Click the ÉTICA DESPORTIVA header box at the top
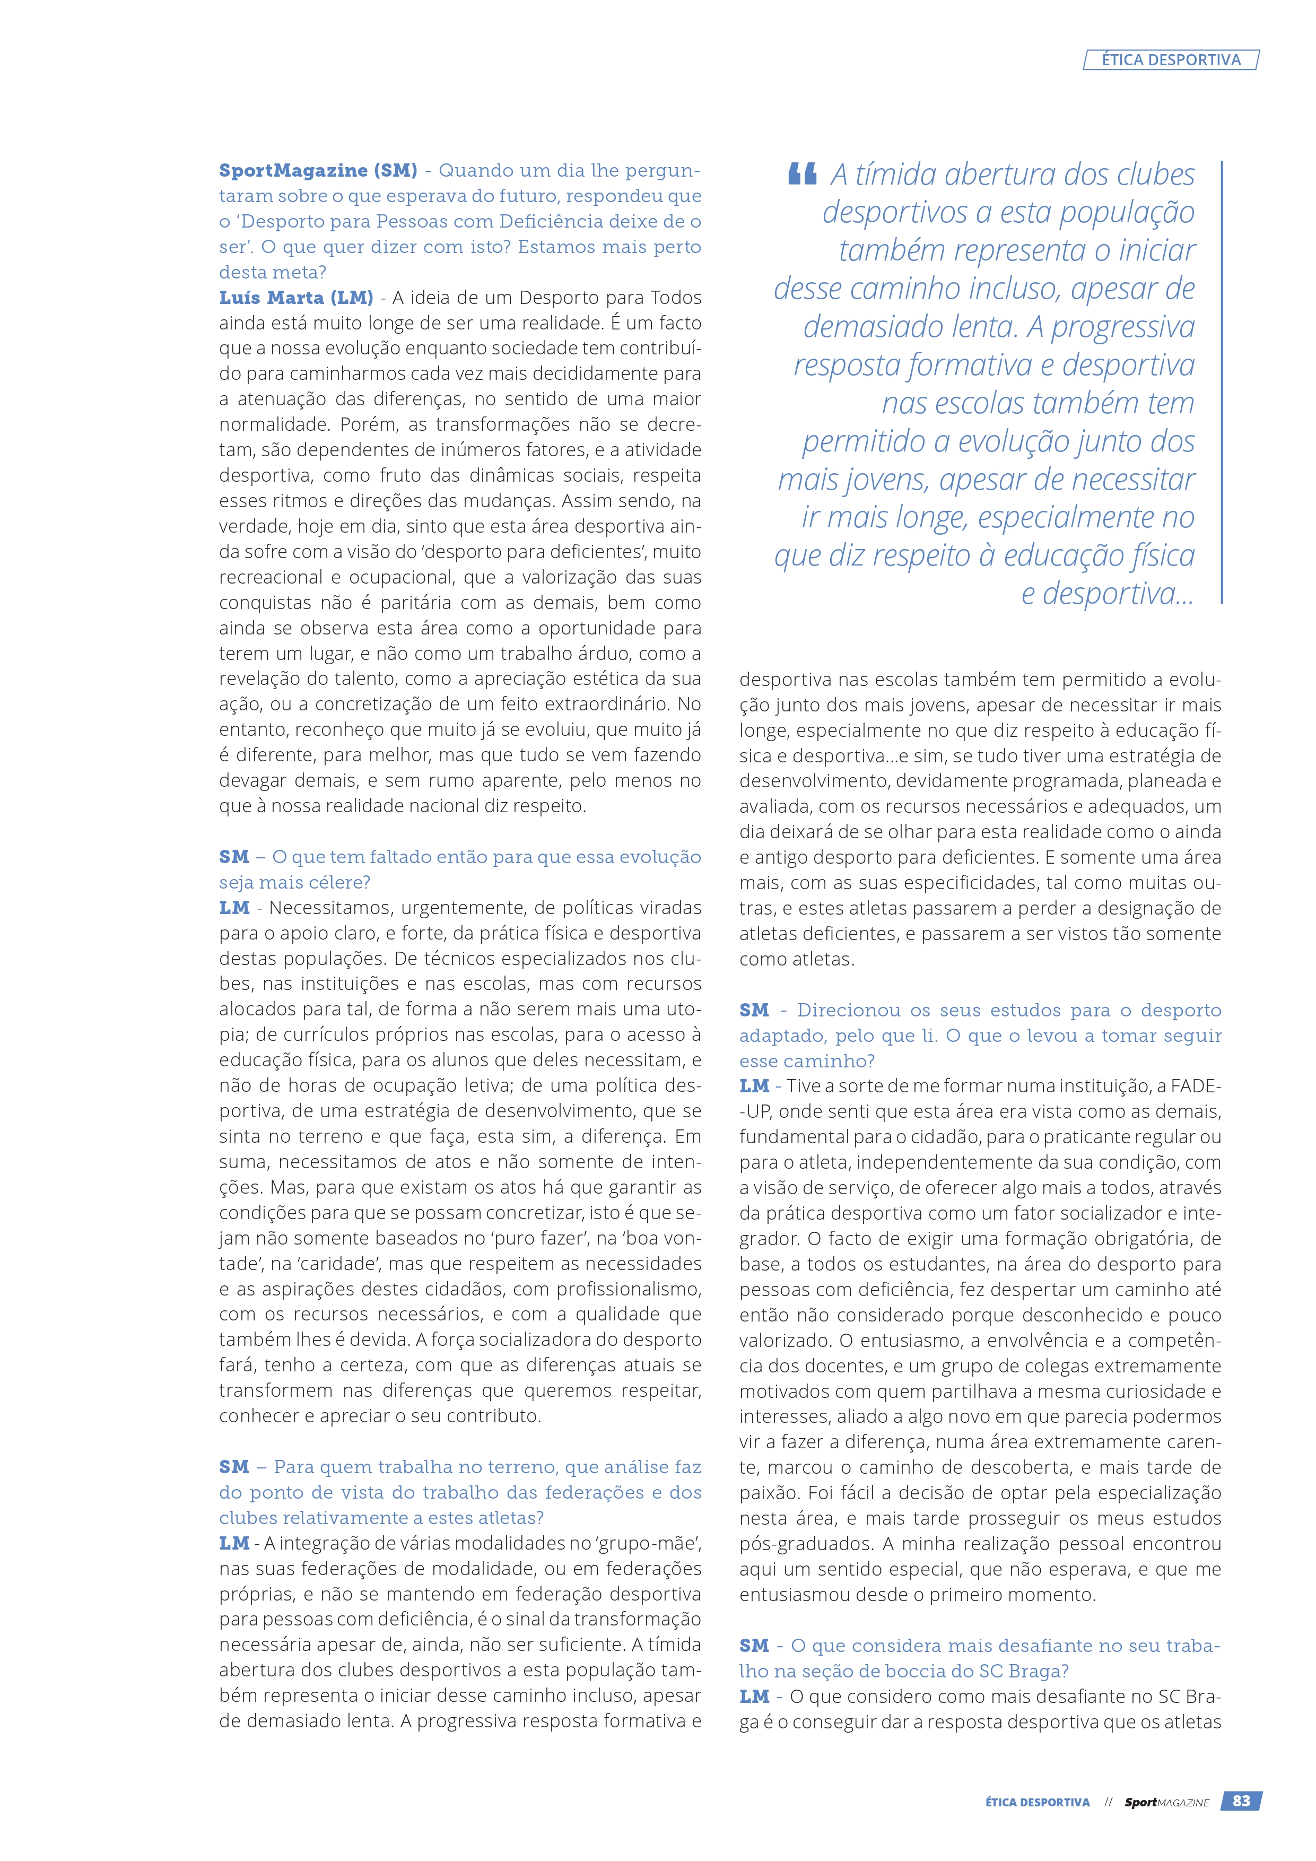click(x=1171, y=60)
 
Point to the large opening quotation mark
click(x=801, y=174)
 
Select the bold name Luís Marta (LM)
click(x=296, y=298)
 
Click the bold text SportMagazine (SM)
click(x=318, y=170)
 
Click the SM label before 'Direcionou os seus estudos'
click(x=754, y=1010)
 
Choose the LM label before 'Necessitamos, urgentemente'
click(x=234, y=908)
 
